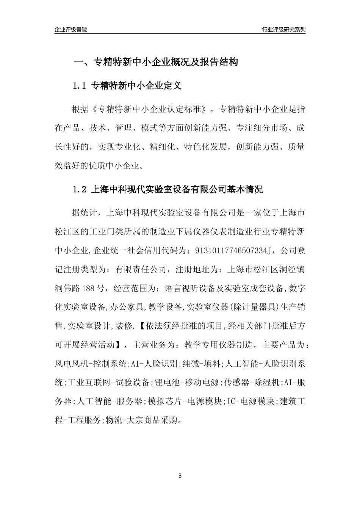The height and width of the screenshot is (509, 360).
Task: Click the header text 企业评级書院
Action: [x=71, y=30]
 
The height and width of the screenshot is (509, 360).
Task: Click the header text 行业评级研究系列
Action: [x=283, y=30]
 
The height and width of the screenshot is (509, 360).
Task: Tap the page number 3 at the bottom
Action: [x=180, y=475]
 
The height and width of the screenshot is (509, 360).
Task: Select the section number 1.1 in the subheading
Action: [x=80, y=86]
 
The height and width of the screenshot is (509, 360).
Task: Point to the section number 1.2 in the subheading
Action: [x=80, y=190]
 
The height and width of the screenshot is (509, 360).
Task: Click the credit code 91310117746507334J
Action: [x=235, y=250]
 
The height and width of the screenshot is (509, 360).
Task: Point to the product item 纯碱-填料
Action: [x=201, y=364]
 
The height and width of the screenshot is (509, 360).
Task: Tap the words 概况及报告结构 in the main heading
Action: [x=205, y=62]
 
